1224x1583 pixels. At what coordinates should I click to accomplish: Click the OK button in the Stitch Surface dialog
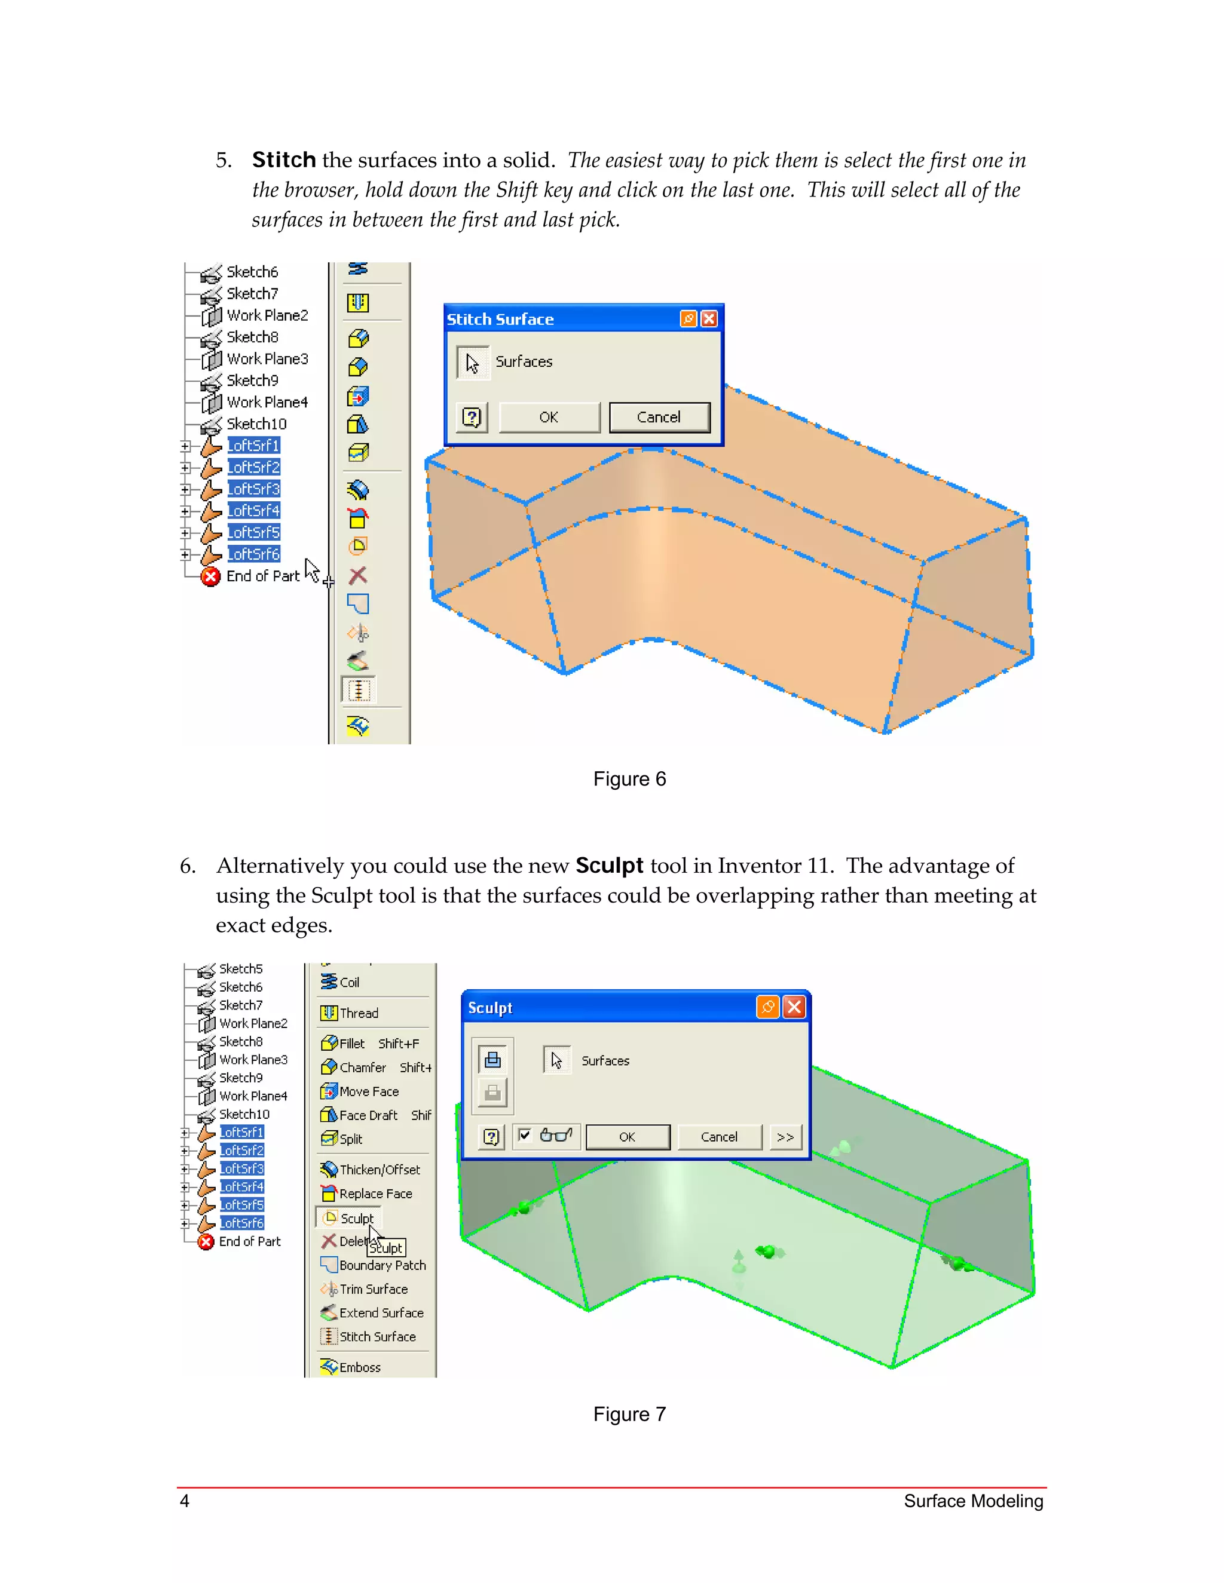click(549, 418)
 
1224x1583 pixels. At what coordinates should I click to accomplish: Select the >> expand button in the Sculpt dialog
click(785, 1137)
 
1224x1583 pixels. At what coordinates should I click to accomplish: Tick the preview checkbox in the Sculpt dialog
click(525, 1135)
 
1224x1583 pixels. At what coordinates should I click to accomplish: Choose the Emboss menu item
click(359, 1367)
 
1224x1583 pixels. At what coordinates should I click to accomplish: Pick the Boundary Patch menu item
click(381, 1265)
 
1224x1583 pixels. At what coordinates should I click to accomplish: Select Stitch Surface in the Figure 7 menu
click(377, 1336)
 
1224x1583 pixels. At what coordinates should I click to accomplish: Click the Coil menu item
click(349, 982)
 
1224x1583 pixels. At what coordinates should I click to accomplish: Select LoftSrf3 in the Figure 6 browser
click(253, 489)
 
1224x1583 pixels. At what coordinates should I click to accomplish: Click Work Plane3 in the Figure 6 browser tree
click(267, 359)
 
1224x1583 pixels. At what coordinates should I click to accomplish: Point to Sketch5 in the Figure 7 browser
click(241, 969)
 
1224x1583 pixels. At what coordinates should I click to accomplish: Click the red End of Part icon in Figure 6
click(210, 576)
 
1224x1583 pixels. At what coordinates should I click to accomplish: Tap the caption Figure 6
click(629, 779)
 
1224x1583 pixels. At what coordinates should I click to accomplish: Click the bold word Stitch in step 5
click(283, 159)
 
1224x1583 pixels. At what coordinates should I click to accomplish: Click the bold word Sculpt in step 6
click(609, 866)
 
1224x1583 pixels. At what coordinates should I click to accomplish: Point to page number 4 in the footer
click(185, 1501)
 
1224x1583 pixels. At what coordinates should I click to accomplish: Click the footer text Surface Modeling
click(972, 1501)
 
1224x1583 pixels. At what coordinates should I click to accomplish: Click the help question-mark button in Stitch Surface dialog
click(472, 418)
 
